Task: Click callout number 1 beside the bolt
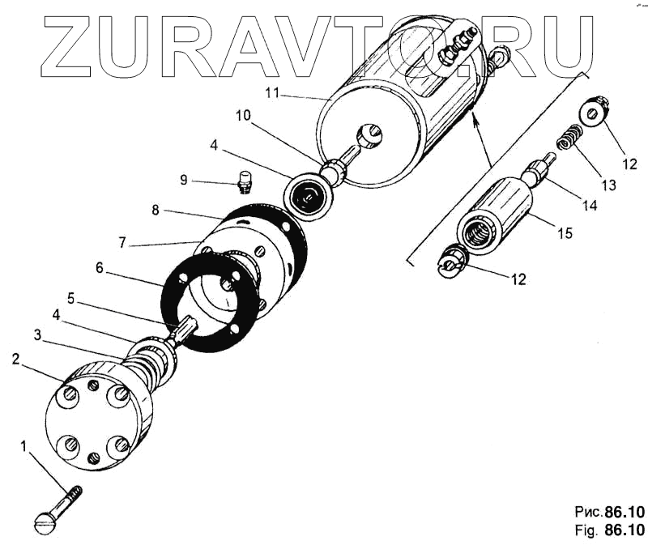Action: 24,445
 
